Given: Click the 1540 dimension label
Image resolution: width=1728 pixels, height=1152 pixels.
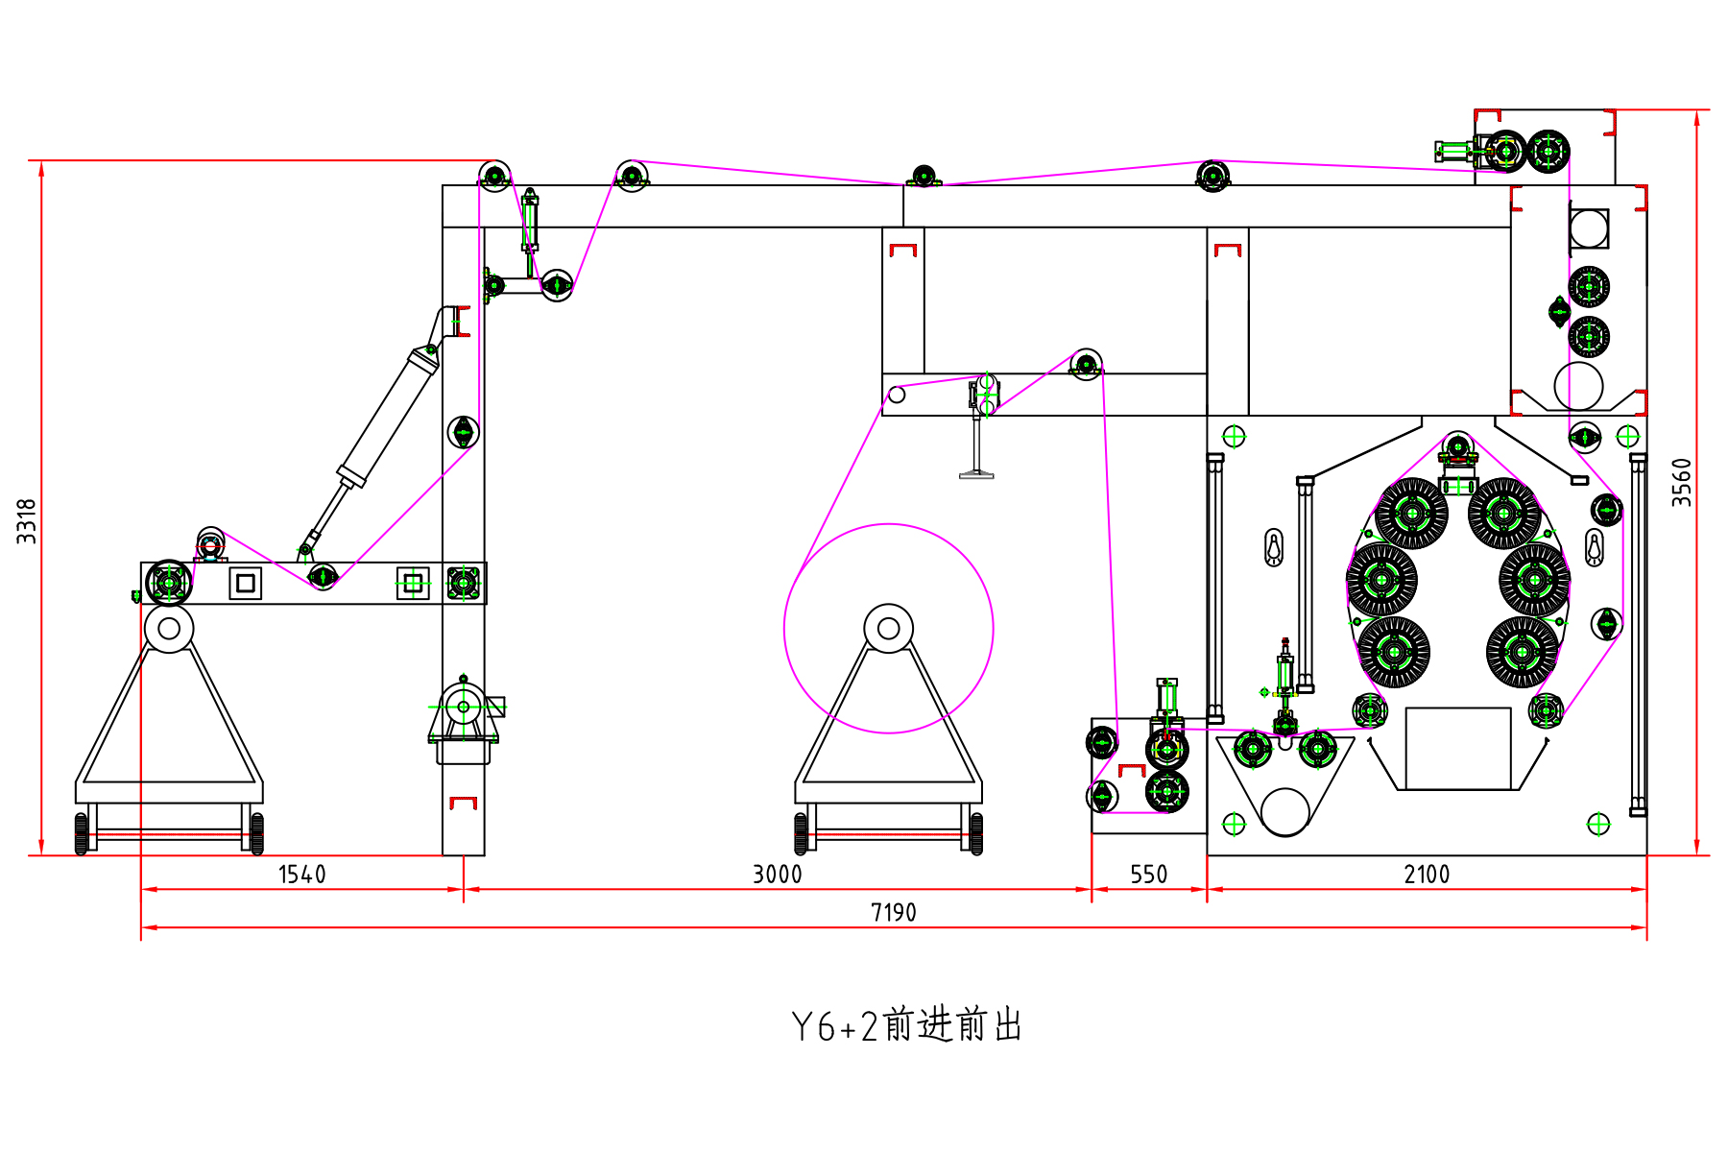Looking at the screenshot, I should (x=301, y=875).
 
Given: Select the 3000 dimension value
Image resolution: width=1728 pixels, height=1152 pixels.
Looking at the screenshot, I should (x=777, y=875).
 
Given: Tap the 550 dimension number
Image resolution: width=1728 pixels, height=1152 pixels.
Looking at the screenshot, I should (x=1148, y=875).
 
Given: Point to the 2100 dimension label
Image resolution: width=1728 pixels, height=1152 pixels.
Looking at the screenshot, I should (x=1427, y=875).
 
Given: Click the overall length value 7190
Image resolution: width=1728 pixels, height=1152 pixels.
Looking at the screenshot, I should (x=893, y=913).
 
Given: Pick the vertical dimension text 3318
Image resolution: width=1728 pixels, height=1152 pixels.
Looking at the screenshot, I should (x=27, y=521).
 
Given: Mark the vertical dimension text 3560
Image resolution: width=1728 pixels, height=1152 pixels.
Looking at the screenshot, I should (x=1681, y=482).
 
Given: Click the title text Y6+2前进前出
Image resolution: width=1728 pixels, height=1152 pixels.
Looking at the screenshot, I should (x=906, y=1026).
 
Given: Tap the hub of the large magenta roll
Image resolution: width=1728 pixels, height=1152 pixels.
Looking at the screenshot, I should (x=888, y=629).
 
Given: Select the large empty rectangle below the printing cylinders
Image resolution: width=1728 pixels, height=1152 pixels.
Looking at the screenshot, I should (x=1457, y=749).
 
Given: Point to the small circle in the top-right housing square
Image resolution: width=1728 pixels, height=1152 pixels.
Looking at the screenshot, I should (x=1588, y=228).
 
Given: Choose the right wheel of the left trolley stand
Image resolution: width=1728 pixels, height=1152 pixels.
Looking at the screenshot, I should (x=257, y=833).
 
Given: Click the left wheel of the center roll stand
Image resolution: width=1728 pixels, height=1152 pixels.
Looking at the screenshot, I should (x=802, y=833).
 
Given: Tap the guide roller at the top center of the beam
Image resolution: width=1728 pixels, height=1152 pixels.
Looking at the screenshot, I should (x=923, y=176).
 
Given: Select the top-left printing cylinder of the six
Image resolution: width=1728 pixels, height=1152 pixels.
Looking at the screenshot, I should (x=1411, y=514).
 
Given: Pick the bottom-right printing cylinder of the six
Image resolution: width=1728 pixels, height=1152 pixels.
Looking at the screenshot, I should (x=1522, y=653).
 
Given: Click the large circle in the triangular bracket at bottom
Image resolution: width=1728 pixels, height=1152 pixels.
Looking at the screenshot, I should (x=1284, y=812).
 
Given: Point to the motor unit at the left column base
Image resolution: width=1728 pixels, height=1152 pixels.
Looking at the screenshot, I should (x=464, y=710).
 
